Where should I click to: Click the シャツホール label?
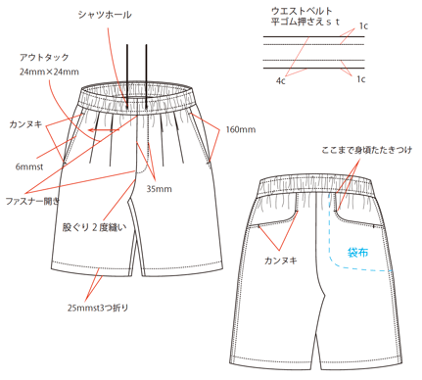point(107,14)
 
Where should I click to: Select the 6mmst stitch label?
point(29,166)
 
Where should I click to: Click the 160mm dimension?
point(240,129)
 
